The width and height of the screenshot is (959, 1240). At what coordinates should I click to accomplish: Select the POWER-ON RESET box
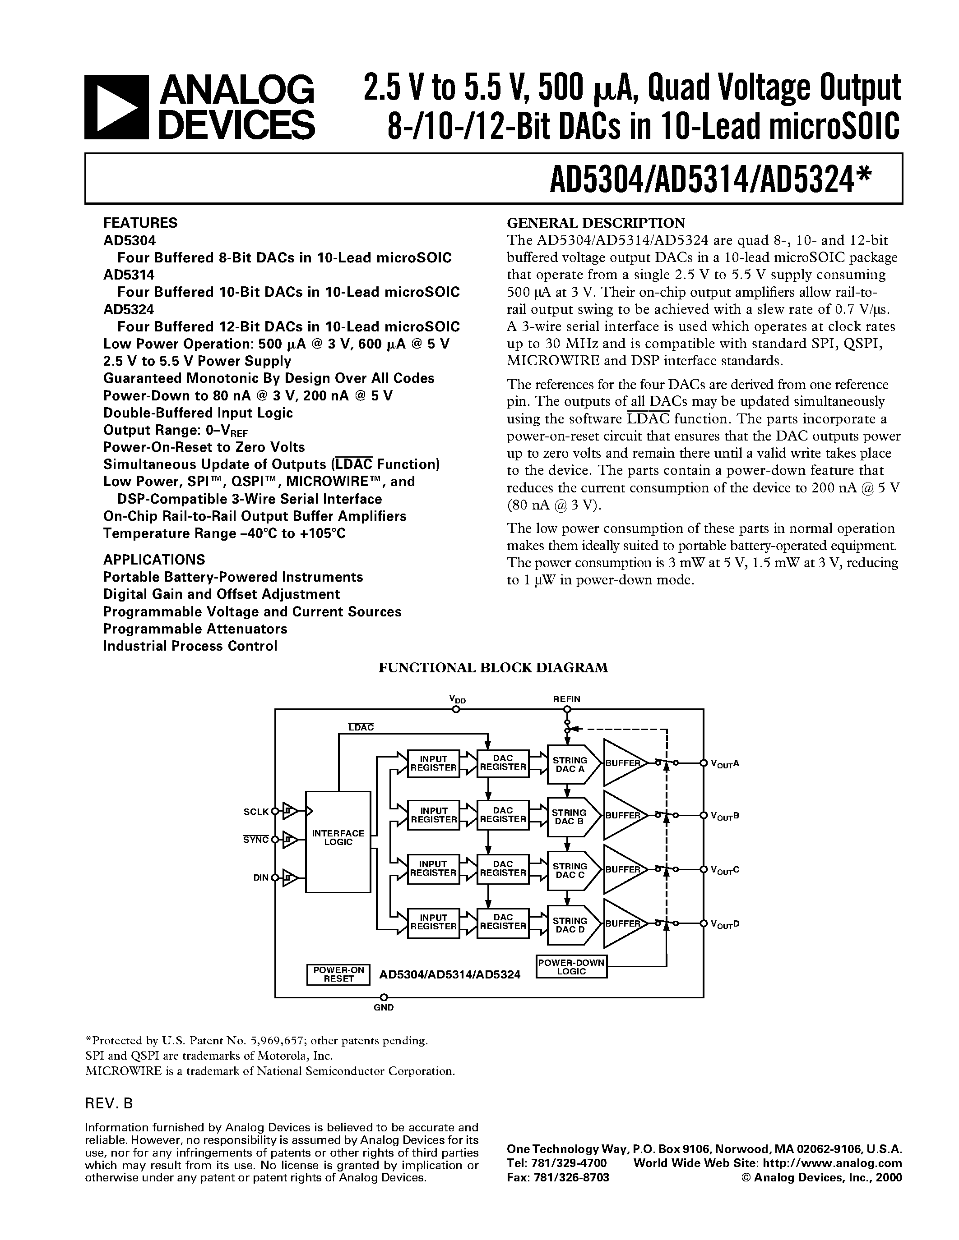(x=338, y=974)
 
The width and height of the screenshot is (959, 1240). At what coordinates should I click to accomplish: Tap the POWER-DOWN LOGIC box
(x=571, y=966)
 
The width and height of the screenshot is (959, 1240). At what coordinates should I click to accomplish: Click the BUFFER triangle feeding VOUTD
(x=622, y=923)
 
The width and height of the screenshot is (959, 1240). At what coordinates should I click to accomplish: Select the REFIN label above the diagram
(x=566, y=699)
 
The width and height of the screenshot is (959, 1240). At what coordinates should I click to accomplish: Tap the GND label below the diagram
(x=384, y=1007)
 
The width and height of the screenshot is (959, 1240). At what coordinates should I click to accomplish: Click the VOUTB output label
(x=725, y=816)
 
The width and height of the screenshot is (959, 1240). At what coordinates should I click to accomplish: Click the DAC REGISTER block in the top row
(x=503, y=762)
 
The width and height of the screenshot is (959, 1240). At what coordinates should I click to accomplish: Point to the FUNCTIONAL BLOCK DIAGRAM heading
(x=493, y=668)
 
